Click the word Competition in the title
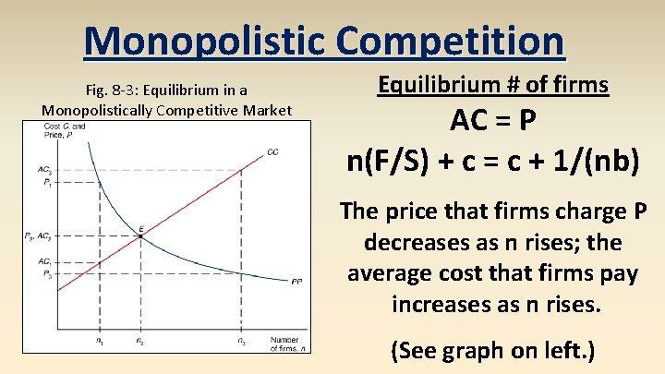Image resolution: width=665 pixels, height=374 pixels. point(450,41)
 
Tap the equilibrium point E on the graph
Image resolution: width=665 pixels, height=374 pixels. point(139,235)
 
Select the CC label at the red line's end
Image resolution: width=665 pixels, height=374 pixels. point(272,151)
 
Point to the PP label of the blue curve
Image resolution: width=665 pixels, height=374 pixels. point(296,281)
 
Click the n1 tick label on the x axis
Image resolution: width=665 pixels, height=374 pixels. point(100,343)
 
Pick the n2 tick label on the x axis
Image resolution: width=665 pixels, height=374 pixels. point(139,343)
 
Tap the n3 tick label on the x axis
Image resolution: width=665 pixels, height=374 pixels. point(242,343)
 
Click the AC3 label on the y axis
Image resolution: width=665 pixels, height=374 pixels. point(44,170)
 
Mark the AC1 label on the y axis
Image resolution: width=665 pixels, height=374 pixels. point(44,263)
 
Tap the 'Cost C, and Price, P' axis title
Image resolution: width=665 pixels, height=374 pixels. point(64,130)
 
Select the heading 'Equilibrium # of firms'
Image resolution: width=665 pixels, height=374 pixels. point(493,86)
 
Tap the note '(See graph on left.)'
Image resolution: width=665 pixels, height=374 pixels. point(492,350)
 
